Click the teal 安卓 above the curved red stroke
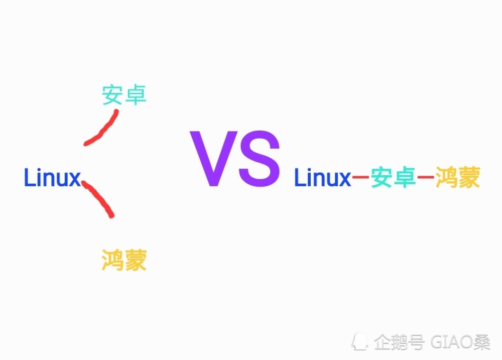pos(124,95)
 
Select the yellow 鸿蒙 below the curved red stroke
pos(124,261)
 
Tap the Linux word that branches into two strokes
pos(52,178)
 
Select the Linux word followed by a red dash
pos(322,178)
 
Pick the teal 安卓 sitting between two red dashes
pos(393,178)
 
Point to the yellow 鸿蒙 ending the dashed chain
pos(458,178)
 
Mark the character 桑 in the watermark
pos(482,342)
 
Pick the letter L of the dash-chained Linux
pos(299,178)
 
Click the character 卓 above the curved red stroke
pos(136,95)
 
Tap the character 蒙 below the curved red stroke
pos(136,261)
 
